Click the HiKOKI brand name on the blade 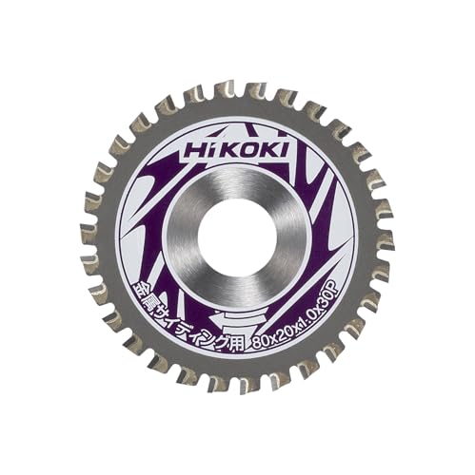click(238, 150)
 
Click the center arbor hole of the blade click(238, 235)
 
